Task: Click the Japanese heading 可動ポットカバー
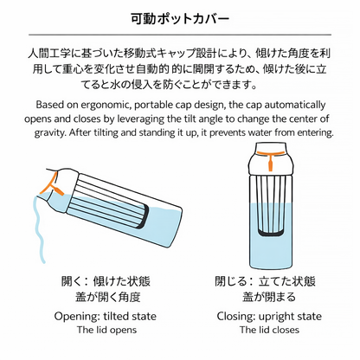point(180,19)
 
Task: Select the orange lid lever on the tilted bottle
point(51,185)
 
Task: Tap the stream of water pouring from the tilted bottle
point(39,228)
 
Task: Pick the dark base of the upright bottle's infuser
point(270,231)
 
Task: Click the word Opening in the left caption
point(77,316)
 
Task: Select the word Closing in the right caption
point(236,316)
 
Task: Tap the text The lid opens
point(106,330)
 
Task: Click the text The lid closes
point(269,330)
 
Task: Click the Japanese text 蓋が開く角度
point(108,297)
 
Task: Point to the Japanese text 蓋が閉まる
point(269,297)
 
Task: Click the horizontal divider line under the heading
point(180,35)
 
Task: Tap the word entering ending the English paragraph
point(315,133)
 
